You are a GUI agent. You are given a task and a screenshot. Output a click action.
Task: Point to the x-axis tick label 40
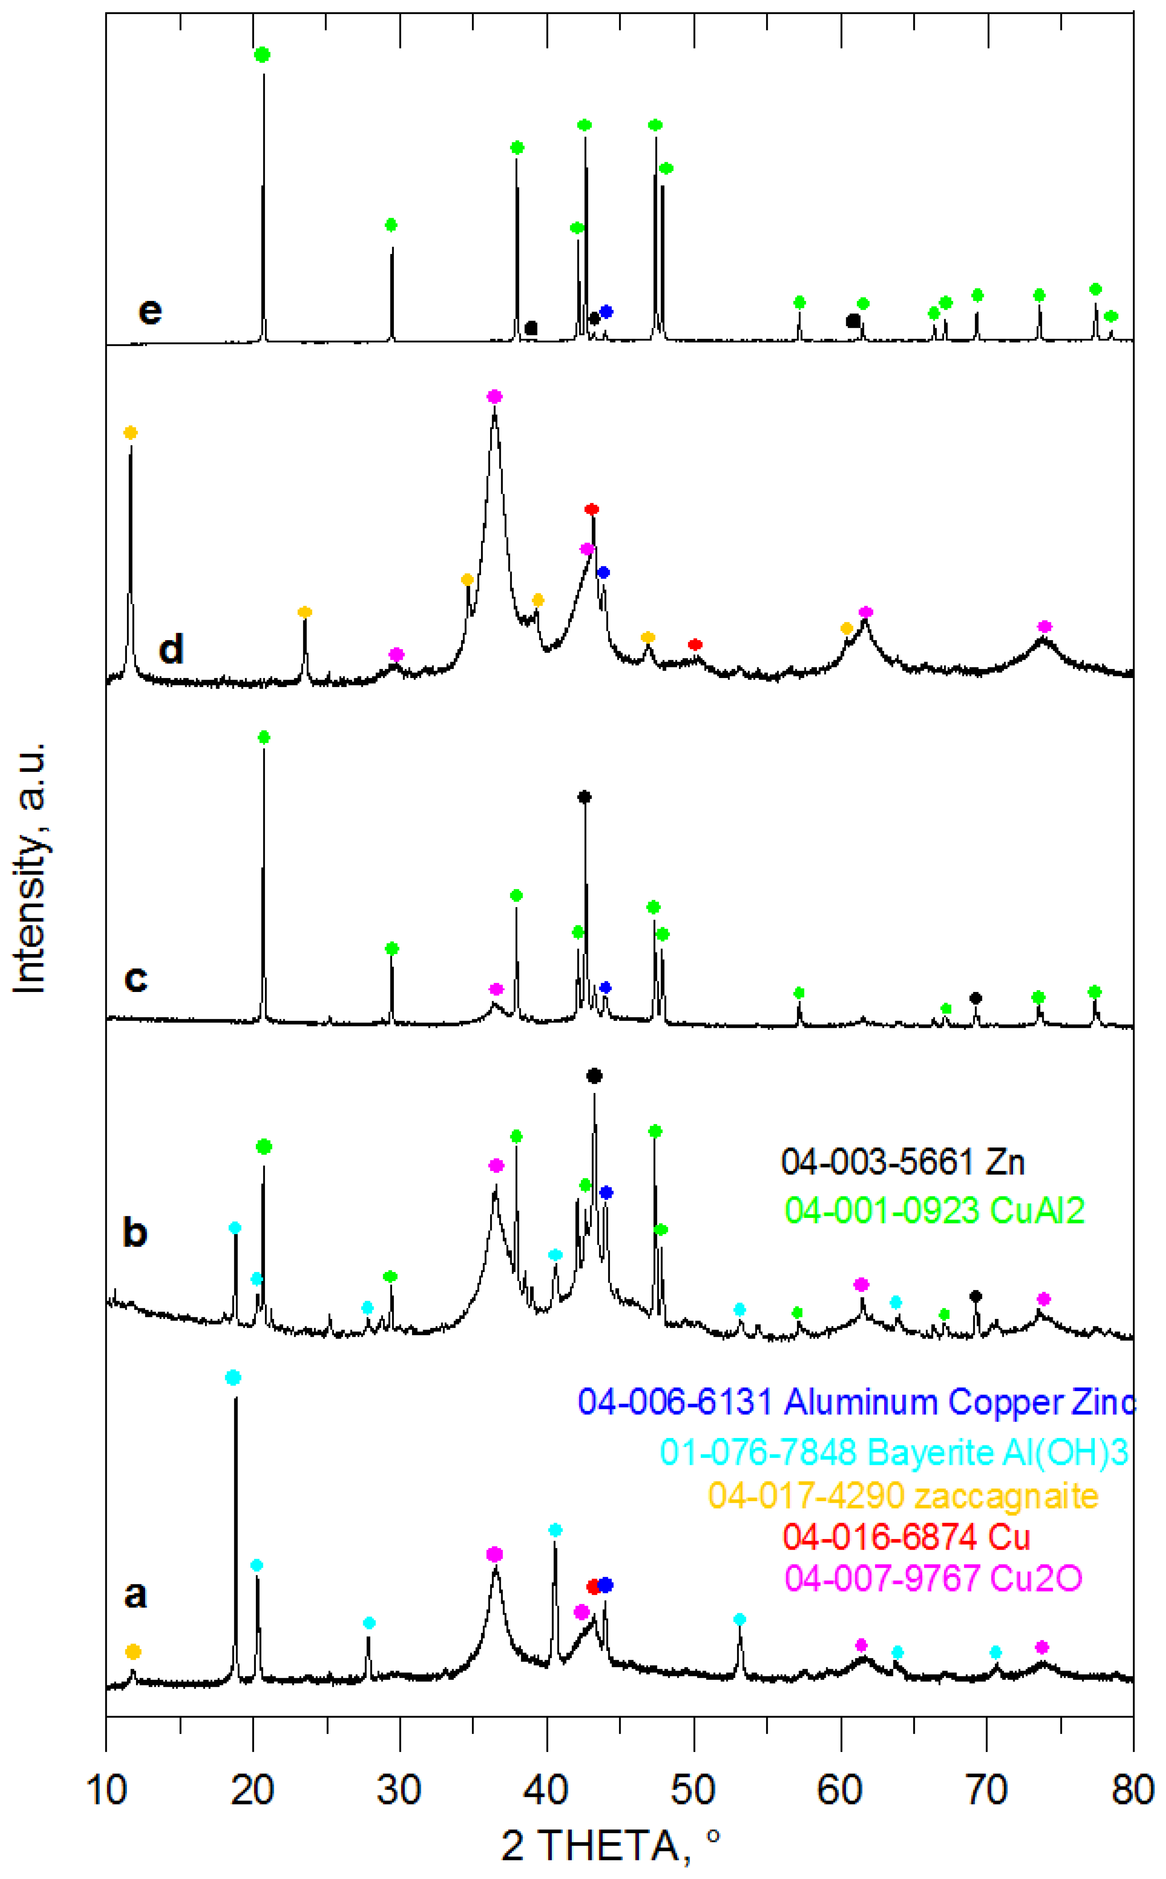tap(547, 1790)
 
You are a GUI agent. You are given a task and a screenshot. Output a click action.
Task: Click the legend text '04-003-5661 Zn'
tap(902, 1162)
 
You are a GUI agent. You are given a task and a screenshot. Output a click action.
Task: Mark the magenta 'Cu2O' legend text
tap(933, 1578)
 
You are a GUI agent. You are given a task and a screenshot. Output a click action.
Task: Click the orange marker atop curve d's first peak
tap(131, 433)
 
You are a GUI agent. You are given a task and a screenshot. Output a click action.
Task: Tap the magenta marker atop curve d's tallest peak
tap(494, 396)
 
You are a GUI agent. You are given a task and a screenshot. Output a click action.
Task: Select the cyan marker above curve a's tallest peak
tap(233, 1378)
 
